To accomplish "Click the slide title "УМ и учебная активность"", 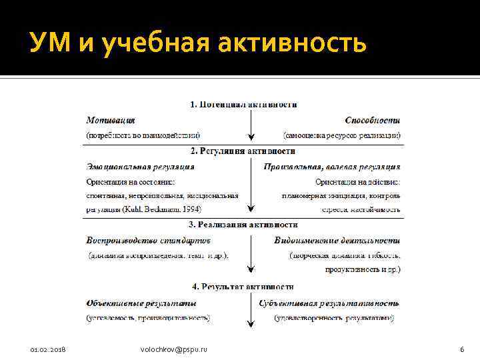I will pyautogui.click(x=198, y=44).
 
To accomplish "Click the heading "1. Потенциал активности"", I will pyautogui.click(x=244, y=105).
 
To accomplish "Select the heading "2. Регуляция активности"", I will pyautogui.click(x=243, y=151).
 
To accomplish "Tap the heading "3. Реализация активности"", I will pyautogui.click(x=243, y=225).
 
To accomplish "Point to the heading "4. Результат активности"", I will pyautogui.click(x=243, y=287).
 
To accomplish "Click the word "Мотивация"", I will pyautogui.click(x=111, y=121).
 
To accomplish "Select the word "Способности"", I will pyautogui.click(x=373, y=121).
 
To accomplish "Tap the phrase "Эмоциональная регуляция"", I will pyautogui.click(x=141, y=167).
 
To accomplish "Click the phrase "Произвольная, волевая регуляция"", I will pyautogui.click(x=332, y=167).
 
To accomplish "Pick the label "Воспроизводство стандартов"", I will pyautogui.click(x=149, y=240).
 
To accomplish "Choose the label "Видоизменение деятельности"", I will pyautogui.click(x=337, y=240).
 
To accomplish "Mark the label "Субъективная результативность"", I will pyautogui.click(x=329, y=303).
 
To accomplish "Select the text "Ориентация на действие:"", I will pyautogui.click(x=358, y=181).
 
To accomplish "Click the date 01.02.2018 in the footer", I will pyautogui.click(x=48, y=350).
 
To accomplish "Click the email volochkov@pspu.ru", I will pyautogui.click(x=174, y=350).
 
